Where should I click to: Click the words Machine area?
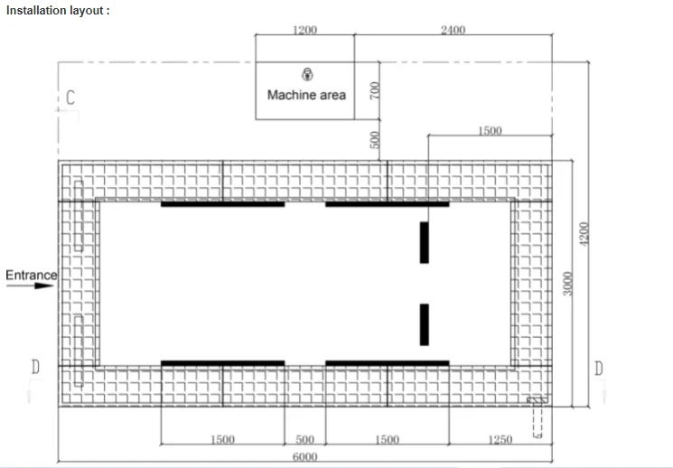point(306,95)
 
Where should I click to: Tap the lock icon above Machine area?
point(307,74)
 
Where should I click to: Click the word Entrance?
point(31,275)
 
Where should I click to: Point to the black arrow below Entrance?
point(30,285)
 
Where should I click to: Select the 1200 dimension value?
point(304,30)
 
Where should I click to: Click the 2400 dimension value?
point(453,30)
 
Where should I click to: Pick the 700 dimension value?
point(375,90)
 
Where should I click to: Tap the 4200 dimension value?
point(584,234)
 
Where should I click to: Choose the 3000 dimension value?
point(567,284)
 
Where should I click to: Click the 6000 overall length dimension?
point(304,457)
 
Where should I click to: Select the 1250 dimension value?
point(500,440)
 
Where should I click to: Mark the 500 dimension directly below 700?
point(375,140)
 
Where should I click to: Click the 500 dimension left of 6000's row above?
point(304,440)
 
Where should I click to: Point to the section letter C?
point(70,98)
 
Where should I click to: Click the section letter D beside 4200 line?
point(599,368)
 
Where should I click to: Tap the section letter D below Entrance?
point(35,367)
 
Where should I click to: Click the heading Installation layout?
point(58,11)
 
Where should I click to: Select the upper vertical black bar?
point(424,242)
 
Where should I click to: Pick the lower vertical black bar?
point(424,324)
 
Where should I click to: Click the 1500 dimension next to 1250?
point(388,440)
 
